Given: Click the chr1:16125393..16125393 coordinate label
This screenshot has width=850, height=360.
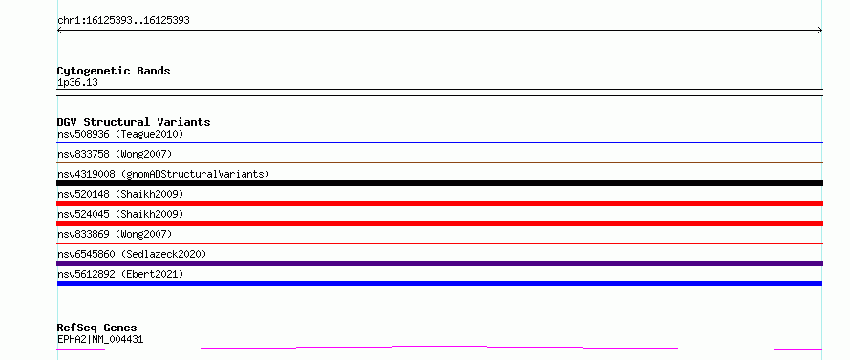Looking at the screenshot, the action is pos(123,21).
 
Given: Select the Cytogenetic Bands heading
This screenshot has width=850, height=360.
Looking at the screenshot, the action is pos(114,71).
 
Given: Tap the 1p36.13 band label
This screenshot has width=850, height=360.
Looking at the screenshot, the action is pos(77,83).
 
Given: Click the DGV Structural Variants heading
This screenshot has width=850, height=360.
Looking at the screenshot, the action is pos(134,122).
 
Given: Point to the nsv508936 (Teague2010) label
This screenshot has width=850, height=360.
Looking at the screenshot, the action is pos(120,134).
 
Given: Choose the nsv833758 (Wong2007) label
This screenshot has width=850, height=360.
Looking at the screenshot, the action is pos(115,154).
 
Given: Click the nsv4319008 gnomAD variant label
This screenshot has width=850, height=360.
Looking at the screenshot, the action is pos(163,174).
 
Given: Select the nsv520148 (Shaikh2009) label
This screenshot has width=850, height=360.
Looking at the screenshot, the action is pos(120,194).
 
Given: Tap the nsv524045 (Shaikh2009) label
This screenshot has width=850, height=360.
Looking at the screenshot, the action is pos(120,214).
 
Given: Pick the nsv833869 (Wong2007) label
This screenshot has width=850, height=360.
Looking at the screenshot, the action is pos(115,234).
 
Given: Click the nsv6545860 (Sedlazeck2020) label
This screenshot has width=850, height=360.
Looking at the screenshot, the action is pos(132,254).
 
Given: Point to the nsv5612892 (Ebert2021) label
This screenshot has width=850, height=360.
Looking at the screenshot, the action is pos(120,274).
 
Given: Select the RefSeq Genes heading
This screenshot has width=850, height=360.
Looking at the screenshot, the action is pos(96,328).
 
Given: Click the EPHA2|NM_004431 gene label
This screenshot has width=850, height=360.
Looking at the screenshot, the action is pos(100,340).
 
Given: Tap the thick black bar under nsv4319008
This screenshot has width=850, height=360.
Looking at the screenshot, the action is pos(439,183).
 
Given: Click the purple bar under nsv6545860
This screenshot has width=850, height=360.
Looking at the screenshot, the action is pos(439,264).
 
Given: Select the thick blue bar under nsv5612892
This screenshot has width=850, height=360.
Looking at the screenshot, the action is pos(439,284).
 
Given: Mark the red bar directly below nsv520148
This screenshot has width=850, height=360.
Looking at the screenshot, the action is pos(439,203).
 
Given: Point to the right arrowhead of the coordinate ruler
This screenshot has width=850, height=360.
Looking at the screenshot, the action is pos(820,31).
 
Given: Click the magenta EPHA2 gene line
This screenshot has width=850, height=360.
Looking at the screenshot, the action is pos(439,348).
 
